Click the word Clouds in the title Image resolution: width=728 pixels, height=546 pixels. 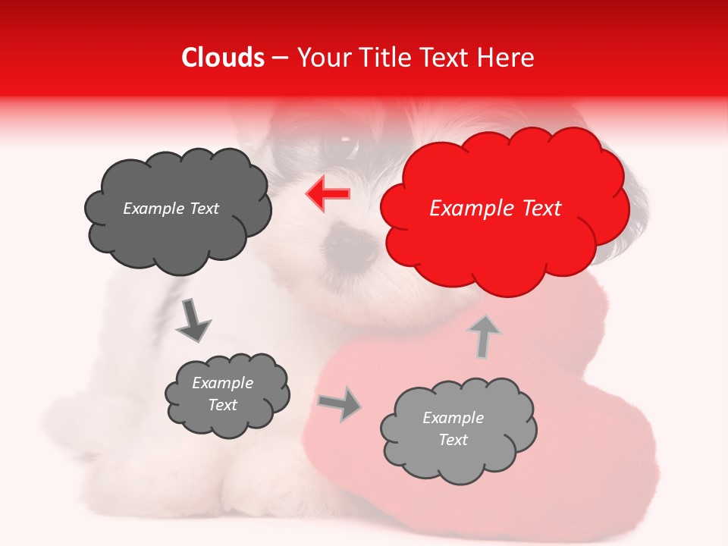click(x=223, y=58)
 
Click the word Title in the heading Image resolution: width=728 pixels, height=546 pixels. click(x=384, y=58)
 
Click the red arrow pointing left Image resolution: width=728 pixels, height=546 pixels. click(x=328, y=194)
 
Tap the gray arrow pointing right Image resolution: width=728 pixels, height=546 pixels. click(x=340, y=405)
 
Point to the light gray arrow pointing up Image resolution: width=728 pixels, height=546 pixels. click(x=485, y=336)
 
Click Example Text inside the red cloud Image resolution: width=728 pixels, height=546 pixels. click(x=496, y=209)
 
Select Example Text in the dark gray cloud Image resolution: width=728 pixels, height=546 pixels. click(x=171, y=209)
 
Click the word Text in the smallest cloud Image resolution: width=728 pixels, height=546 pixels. click(x=223, y=405)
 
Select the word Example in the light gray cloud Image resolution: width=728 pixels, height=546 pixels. click(x=453, y=418)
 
